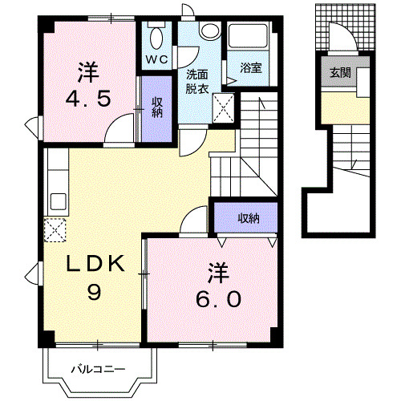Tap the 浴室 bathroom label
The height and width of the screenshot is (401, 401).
(x=251, y=69)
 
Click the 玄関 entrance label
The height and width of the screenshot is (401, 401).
(x=336, y=73)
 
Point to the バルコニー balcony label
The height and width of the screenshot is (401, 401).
(x=96, y=370)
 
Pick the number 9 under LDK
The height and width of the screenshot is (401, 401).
(x=94, y=293)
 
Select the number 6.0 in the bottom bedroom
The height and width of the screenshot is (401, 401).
(x=217, y=298)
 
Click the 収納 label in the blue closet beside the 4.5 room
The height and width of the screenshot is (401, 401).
(x=158, y=107)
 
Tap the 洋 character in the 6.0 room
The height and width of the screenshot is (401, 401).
(x=217, y=272)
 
